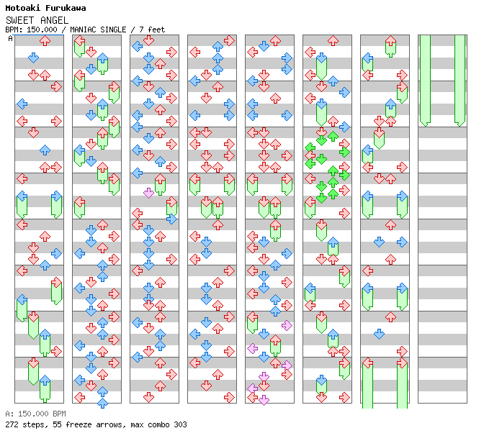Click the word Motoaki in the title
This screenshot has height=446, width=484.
click(x=22, y=8)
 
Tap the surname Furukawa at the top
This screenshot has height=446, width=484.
click(x=64, y=8)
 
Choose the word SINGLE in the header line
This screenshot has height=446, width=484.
click(x=127, y=29)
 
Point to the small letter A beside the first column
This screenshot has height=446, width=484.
click(x=11, y=39)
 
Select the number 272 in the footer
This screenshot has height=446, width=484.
click(x=12, y=424)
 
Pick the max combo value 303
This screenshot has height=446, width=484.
click(x=180, y=424)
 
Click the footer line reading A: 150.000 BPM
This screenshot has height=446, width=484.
click(x=35, y=414)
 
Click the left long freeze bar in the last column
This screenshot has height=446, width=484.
click(x=425, y=79)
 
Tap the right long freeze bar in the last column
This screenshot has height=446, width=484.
click(x=460, y=79)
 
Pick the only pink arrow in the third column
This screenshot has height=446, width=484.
click(x=148, y=193)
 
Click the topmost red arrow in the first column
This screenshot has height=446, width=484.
click(x=45, y=41)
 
